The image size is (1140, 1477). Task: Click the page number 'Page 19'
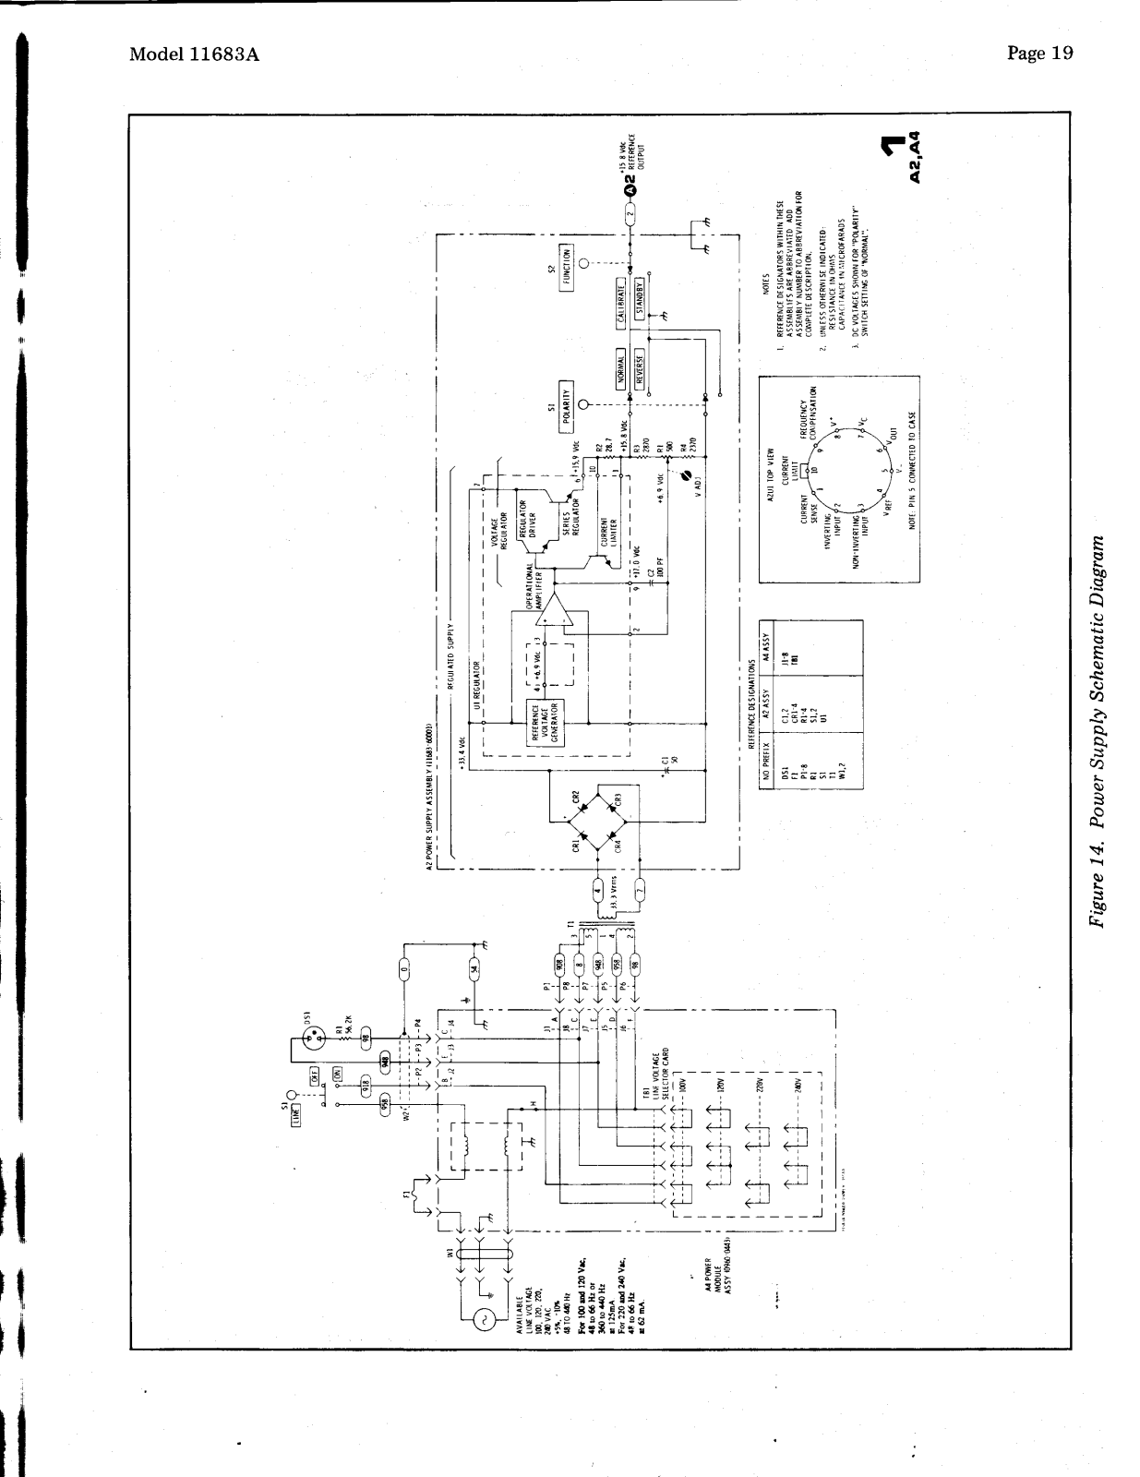coord(1040,54)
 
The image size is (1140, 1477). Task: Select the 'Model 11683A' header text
coord(194,54)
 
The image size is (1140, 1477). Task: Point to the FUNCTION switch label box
coord(565,268)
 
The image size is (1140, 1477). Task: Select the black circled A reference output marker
coord(630,190)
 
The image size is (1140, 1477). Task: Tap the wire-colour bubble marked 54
coord(474,967)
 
